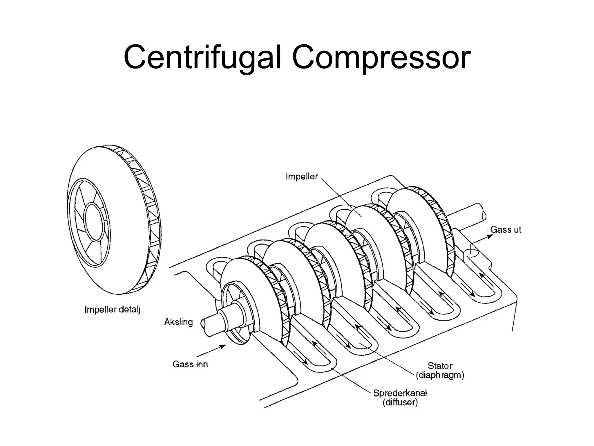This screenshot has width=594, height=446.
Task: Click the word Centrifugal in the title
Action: [202, 58]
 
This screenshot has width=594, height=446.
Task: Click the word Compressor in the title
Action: [381, 58]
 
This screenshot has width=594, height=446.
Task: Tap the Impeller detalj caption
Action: [112, 310]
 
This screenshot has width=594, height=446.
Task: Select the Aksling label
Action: [178, 322]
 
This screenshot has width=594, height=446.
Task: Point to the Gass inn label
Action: [190, 364]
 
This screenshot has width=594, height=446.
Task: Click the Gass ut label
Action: [506, 230]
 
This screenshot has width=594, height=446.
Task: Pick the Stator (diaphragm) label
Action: [440, 371]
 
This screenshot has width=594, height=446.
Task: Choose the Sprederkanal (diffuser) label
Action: [400, 398]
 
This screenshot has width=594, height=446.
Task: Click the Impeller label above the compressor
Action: [302, 177]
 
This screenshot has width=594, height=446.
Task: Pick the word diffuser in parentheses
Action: [400, 403]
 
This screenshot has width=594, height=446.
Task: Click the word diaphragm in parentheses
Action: [440, 375]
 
